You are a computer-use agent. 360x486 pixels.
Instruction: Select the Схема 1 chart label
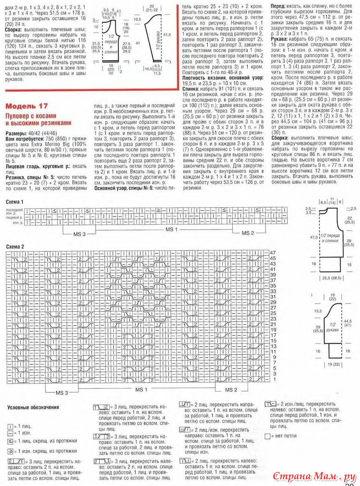pyautogui.click(x=15, y=202)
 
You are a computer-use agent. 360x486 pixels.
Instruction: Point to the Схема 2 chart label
pyautogui.click(x=15, y=246)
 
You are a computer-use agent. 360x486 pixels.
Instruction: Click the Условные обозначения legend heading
pyautogui.click(x=33, y=407)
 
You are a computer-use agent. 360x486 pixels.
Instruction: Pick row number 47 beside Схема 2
pyautogui.click(x=273, y=253)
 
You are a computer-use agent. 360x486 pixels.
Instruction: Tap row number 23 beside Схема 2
pyautogui.click(x=273, y=318)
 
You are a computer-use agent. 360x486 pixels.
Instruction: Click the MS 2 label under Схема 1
pyautogui.click(x=248, y=233)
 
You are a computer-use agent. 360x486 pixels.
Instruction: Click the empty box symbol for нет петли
pyautogui.click(x=267, y=436)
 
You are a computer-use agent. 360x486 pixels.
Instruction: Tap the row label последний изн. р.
pyautogui.click(x=14, y=211)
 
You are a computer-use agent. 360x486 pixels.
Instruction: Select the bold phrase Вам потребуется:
pyautogui.click(x=23, y=139)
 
